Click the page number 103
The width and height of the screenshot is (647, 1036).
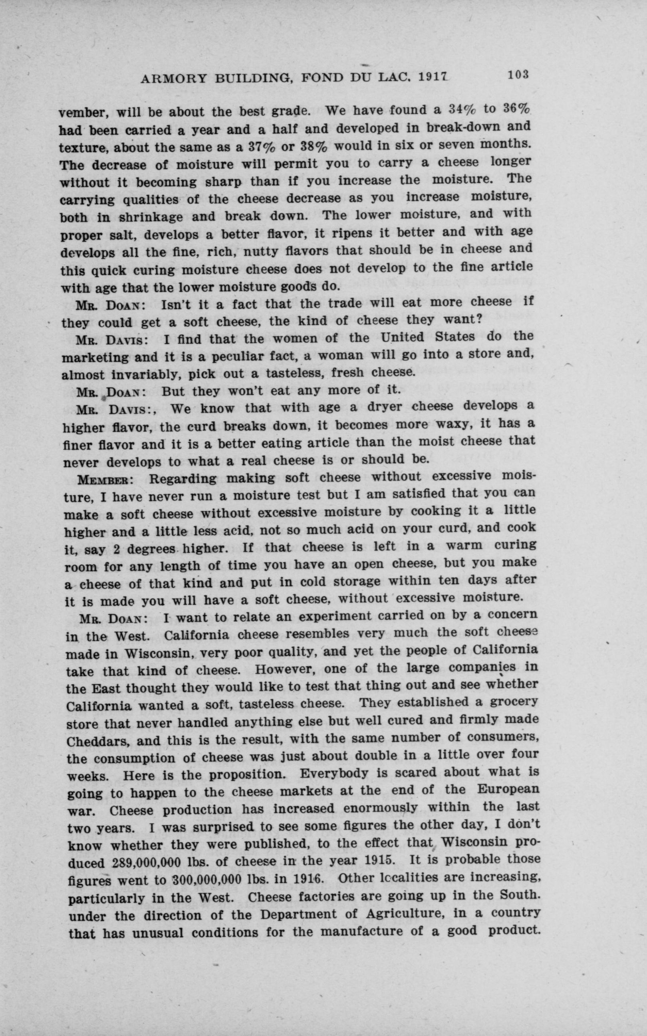518,74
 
